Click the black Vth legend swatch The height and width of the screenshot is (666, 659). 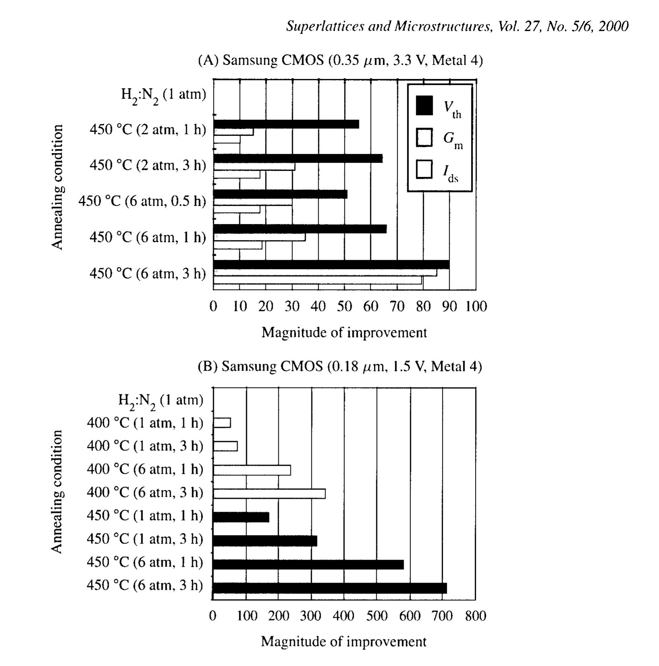[x=424, y=106]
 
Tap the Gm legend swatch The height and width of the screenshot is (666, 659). [x=424, y=137]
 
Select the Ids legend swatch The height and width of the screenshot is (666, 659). [x=424, y=169]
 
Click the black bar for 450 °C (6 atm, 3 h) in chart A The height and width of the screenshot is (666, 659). [x=331, y=264]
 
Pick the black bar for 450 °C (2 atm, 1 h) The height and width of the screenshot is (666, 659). [x=286, y=124]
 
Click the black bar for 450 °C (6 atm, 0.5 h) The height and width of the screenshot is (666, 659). [x=280, y=194]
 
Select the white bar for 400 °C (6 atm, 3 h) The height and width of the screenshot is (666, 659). [x=269, y=494]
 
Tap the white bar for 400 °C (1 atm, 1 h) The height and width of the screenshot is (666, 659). [x=222, y=423]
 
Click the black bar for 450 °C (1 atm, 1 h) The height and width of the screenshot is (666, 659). [x=241, y=517]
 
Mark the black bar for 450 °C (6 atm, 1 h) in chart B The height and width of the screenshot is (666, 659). [x=308, y=564]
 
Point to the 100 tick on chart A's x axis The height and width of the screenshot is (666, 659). [x=476, y=307]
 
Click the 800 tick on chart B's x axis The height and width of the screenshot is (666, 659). [x=475, y=616]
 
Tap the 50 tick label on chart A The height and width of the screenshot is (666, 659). [x=344, y=307]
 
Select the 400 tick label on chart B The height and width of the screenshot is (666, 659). [x=344, y=616]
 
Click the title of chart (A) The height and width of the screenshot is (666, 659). [x=340, y=60]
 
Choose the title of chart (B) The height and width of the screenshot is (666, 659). [x=340, y=367]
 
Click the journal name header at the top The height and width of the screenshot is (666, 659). [x=457, y=27]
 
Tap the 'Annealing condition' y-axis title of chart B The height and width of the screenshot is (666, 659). [x=57, y=492]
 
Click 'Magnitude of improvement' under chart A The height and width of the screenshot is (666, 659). [x=344, y=333]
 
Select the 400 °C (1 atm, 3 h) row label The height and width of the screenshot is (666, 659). [x=145, y=446]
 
